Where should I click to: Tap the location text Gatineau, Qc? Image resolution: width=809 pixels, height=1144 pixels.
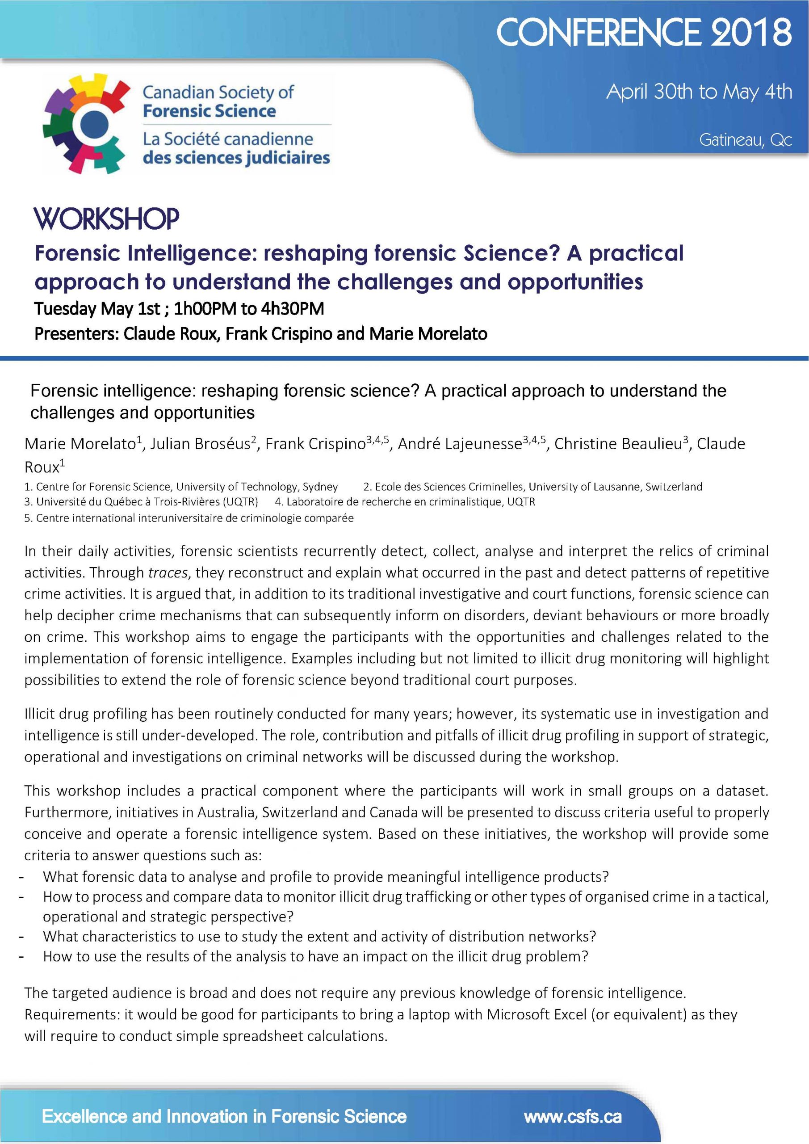click(x=745, y=140)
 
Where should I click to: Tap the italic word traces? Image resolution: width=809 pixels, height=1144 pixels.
click(x=168, y=572)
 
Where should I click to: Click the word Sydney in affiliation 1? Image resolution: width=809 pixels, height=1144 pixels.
click(x=320, y=487)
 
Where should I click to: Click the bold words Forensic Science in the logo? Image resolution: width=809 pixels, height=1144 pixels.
click(x=209, y=111)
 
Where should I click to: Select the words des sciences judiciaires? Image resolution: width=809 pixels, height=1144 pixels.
click(x=236, y=158)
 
